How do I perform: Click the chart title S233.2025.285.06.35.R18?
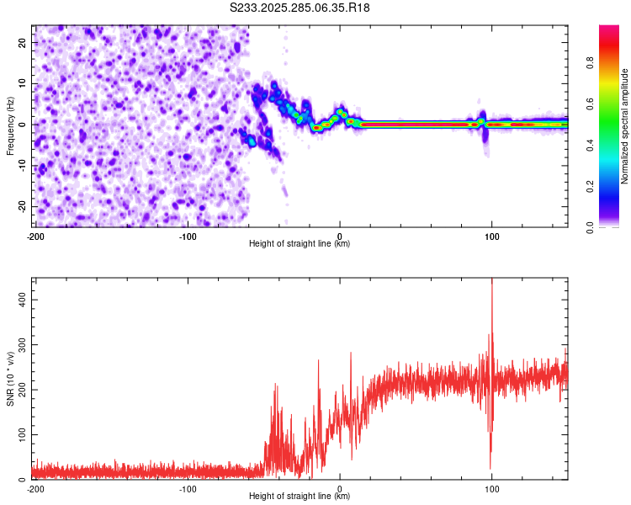(x=300, y=8)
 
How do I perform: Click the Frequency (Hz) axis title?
(x=10, y=125)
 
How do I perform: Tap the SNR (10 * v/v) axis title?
(x=10, y=378)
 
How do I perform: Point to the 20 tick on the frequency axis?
(x=23, y=42)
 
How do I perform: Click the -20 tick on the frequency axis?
(x=21, y=206)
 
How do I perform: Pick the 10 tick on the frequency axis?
(x=23, y=83)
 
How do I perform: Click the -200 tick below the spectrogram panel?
(x=34, y=236)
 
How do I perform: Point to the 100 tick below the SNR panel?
(x=491, y=488)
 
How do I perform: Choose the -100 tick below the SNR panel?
(x=188, y=488)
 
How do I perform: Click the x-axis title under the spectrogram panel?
(x=300, y=244)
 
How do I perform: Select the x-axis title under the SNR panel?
(x=300, y=497)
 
